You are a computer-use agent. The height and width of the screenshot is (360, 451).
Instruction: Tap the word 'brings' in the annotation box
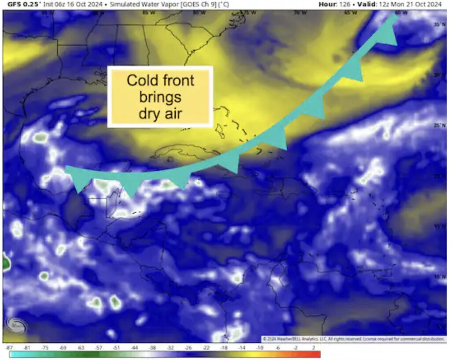[x=160, y=97]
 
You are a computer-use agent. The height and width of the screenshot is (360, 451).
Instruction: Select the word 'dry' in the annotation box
[x=148, y=113]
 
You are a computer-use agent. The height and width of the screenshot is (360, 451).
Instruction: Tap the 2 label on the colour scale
[x=313, y=348]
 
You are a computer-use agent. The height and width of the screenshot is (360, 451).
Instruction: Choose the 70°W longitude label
[x=300, y=13]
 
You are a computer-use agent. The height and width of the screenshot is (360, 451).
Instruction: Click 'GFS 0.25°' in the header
[x=22, y=4]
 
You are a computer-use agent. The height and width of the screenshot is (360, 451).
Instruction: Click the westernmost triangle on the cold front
[x=80, y=184]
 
